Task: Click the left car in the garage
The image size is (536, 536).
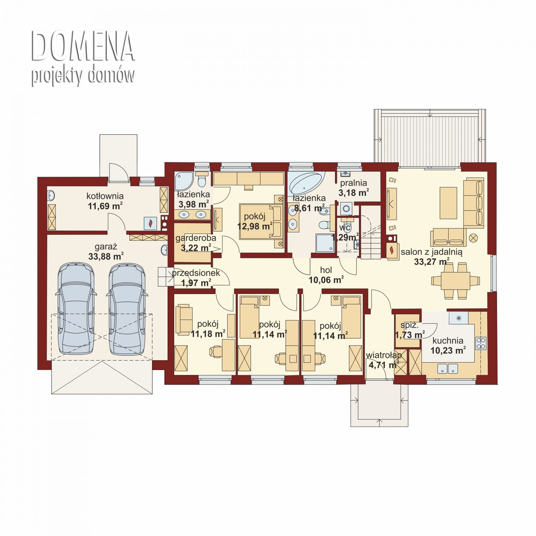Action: click(76, 309)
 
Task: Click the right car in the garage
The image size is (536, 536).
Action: click(127, 309)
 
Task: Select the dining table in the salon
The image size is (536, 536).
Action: click(455, 280)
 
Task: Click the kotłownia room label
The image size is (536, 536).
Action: click(105, 196)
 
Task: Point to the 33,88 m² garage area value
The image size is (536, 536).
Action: click(106, 256)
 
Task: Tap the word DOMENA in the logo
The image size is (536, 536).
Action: click(83, 46)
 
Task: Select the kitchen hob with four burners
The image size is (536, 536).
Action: click(481, 343)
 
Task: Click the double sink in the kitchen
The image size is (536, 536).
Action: click(448, 369)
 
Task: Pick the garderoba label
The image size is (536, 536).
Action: click(196, 238)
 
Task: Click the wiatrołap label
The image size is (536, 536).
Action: click(384, 355)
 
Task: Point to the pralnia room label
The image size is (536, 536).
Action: click(354, 183)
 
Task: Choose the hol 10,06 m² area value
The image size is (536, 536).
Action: click(326, 280)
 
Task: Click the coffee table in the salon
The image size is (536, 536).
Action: click(448, 203)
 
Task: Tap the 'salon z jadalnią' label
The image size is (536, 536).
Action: click(431, 252)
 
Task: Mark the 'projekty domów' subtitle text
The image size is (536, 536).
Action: click(83, 76)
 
